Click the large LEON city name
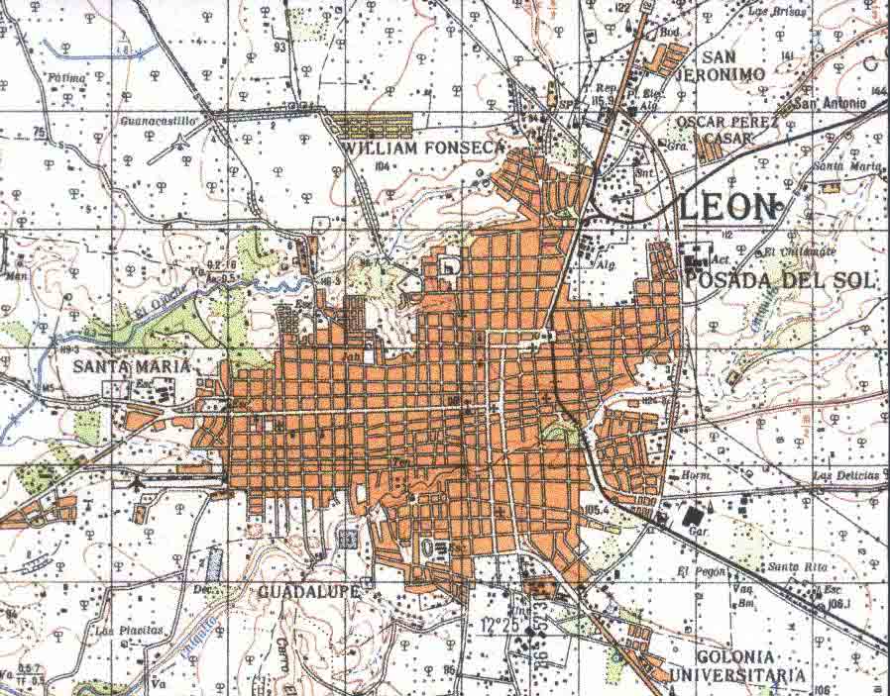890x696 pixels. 730,207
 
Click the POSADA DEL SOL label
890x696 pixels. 780,280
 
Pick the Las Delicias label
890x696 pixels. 844,476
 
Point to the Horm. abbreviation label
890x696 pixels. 696,476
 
